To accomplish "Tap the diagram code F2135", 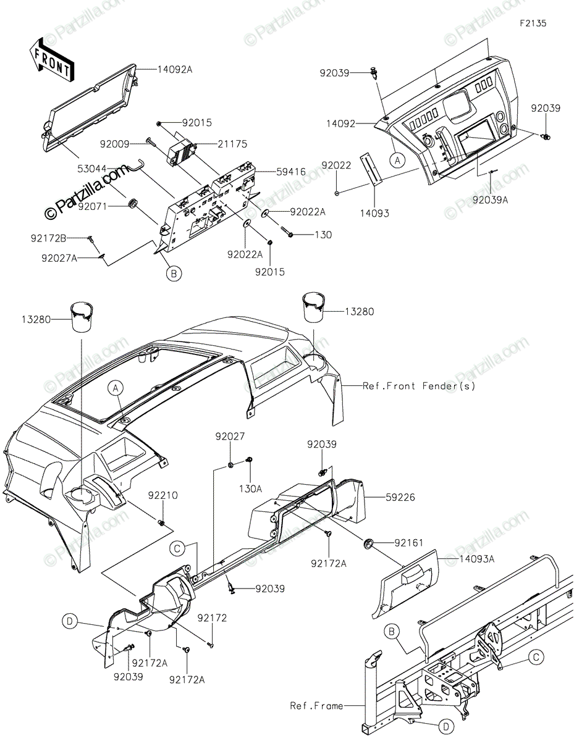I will point(533,23).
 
